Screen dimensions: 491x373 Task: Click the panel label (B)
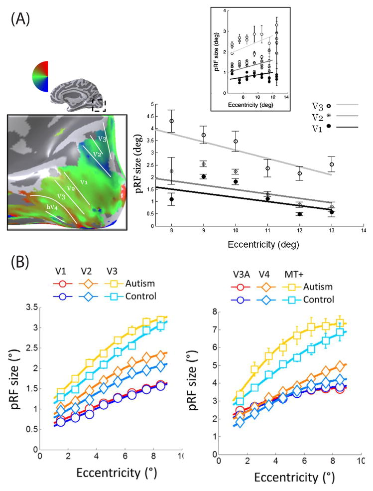point(20,260)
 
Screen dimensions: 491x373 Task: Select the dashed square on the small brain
point(99,106)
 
